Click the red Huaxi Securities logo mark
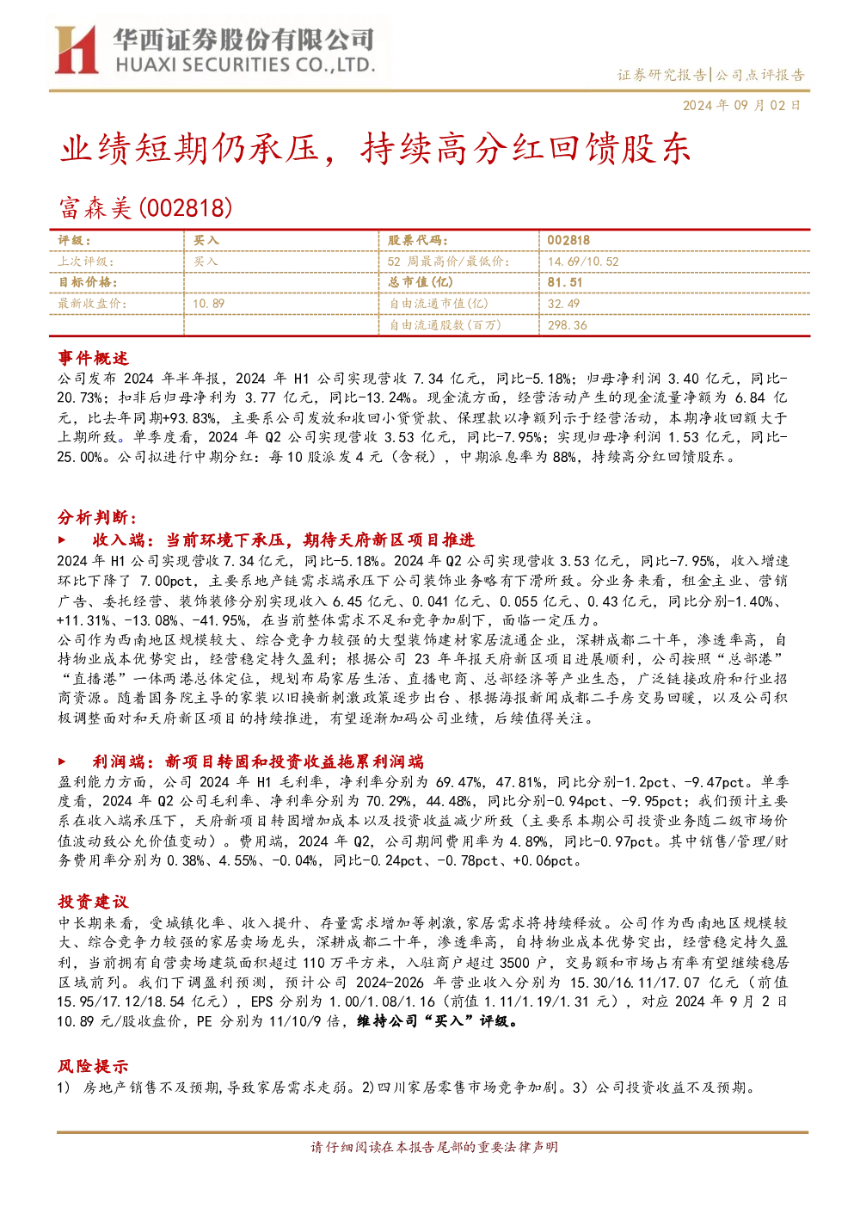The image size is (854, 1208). click(x=77, y=49)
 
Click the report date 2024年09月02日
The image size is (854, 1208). click(x=741, y=105)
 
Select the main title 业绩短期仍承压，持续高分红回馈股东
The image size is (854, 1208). click(x=375, y=148)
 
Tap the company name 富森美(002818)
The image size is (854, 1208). click(x=145, y=208)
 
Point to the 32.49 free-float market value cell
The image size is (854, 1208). click(x=563, y=304)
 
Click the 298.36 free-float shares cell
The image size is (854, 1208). click(x=567, y=325)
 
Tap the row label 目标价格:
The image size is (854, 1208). click(x=88, y=282)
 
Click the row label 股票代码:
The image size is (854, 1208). click(x=417, y=241)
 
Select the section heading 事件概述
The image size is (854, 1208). click(x=93, y=358)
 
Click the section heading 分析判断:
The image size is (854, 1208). click(x=97, y=518)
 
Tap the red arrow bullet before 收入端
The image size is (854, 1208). click(x=62, y=539)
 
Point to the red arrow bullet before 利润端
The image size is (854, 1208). click(x=62, y=761)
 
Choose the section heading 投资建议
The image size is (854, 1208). click(x=93, y=902)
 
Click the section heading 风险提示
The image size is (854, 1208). click(x=93, y=1066)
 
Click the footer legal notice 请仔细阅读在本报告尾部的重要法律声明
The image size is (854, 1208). click(x=434, y=1147)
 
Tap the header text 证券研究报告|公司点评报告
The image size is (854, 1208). click(x=710, y=75)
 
